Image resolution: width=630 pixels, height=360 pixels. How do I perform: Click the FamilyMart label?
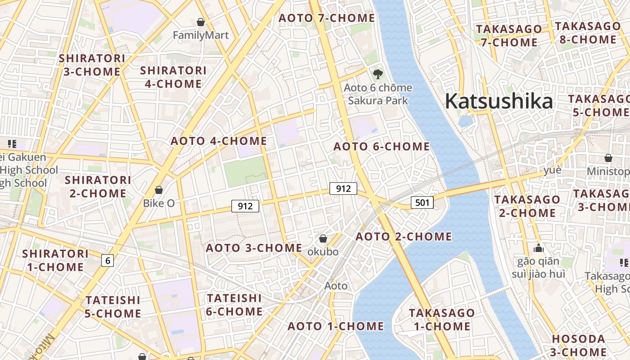201,35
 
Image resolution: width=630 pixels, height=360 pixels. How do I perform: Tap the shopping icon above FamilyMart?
201,22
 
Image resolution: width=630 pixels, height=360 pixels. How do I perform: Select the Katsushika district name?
499,101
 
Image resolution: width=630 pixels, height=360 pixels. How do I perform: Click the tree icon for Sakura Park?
378,74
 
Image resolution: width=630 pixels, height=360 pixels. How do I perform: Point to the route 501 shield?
422,202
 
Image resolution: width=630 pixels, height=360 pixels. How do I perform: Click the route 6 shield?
107,260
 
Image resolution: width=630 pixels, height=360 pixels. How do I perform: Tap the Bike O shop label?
158,203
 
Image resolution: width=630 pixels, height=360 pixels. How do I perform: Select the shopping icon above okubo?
323,238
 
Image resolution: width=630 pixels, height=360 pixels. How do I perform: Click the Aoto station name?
336,286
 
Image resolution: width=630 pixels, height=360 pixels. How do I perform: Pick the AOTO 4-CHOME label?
219,141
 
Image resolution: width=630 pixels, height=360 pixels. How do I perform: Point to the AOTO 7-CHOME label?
326,18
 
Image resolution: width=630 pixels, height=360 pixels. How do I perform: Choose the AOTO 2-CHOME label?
404,237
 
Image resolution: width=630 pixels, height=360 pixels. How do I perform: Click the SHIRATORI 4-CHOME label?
173,77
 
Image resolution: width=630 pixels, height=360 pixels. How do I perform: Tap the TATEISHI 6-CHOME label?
234,305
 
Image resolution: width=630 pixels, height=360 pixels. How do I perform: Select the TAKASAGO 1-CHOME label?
441,319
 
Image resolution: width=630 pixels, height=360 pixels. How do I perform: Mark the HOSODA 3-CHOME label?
578,345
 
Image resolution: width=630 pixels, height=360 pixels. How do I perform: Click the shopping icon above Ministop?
608,158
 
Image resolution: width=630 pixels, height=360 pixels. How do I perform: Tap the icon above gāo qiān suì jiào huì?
538,248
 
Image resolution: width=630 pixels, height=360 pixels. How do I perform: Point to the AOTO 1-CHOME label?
336,326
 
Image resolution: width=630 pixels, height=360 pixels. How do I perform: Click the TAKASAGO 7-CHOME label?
509,36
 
